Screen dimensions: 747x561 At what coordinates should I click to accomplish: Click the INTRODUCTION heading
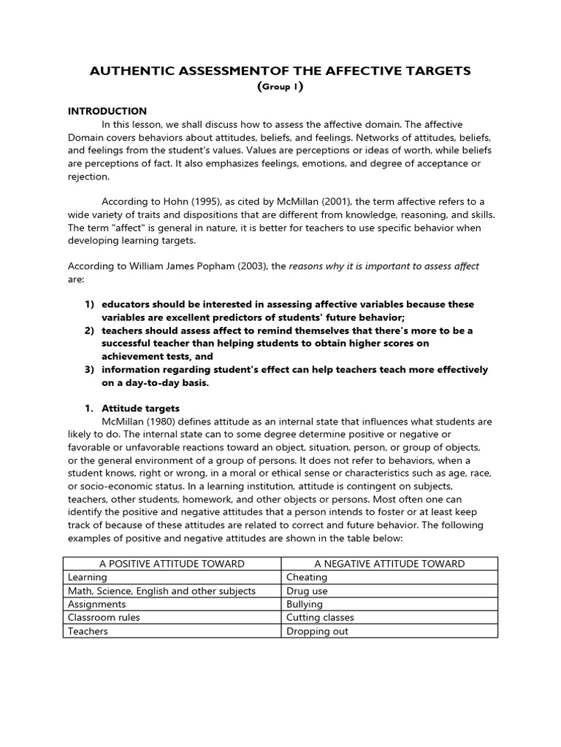pyautogui.click(x=107, y=112)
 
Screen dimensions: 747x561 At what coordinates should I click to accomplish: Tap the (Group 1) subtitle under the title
pyautogui.click(x=280, y=87)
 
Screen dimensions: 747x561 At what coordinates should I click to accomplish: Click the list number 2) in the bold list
pyautogui.click(x=91, y=330)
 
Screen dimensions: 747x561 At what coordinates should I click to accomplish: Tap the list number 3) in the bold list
pyautogui.click(x=91, y=370)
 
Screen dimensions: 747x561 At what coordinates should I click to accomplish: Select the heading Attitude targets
pyautogui.click(x=140, y=409)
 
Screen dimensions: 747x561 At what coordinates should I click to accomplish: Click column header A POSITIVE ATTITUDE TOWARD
pyautogui.click(x=172, y=563)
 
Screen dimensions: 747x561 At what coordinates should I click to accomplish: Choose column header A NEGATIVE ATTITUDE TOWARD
pyautogui.click(x=389, y=563)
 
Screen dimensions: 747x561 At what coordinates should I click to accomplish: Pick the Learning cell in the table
pyautogui.click(x=88, y=577)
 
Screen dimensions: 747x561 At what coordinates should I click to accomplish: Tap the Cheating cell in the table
pyautogui.click(x=307, y=577)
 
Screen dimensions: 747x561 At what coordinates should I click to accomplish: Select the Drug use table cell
pyautogui.click(x=307, y=591)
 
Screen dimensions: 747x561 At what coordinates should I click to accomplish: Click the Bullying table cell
pyautogui.click(x=305, y=604)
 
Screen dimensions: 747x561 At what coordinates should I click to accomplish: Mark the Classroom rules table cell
pyautogui.click(x=104, y=618)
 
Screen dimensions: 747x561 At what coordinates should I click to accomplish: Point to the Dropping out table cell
pyautogui.click(x=318, y=631)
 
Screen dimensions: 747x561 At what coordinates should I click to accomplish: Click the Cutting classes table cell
pyautogui.click(x=320, y=618)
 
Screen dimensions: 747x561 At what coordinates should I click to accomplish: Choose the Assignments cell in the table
pyautogui.click(x=97, y=604)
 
